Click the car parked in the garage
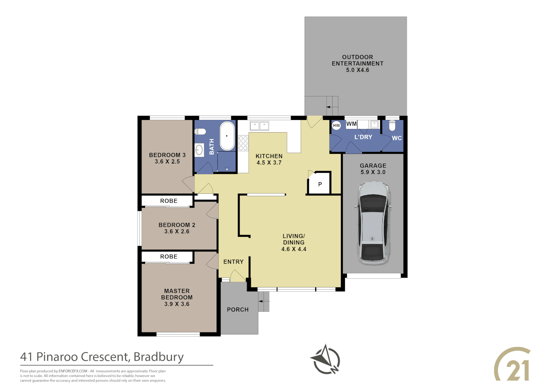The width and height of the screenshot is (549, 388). click(373, 223)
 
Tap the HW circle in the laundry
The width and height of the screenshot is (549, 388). click(336, 125)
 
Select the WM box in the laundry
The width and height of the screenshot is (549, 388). click(351, 124)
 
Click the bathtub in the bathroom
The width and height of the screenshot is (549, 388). click(227, 136)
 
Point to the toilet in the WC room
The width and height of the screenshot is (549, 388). click(392, 125)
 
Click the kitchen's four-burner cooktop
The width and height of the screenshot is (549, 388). click(243, 143)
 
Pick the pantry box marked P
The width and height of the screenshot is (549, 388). click(319, 183)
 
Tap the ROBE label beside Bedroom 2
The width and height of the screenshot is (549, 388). click(169, 201)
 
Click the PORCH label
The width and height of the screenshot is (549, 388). click(238, 310)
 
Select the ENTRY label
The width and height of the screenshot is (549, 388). click(233, 262)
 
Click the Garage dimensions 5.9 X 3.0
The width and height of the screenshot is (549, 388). click(373, 172)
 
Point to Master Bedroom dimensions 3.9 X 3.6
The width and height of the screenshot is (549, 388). click(177, 304)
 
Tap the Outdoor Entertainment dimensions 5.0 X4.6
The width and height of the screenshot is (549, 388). click(357, 70)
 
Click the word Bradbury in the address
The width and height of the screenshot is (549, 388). click(158, 357)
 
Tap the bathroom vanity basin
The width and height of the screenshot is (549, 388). click(199, 150)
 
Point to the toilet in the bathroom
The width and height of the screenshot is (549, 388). click(200, 131)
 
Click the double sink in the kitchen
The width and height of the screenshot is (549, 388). click(259, 126)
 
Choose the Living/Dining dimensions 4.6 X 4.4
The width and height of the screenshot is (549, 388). click(294, 249)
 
